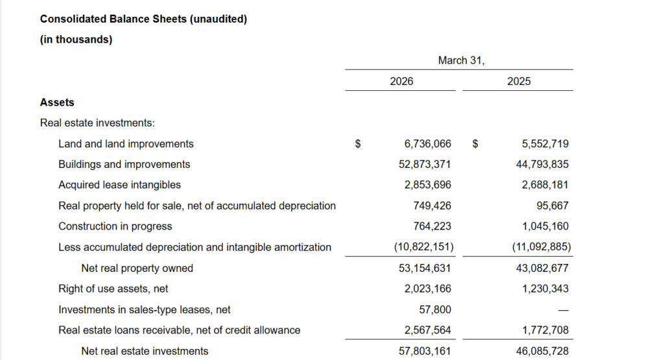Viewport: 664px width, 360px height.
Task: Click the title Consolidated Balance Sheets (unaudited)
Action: (x=143, y=19)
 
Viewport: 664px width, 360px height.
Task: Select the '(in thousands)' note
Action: (x=76, y=40)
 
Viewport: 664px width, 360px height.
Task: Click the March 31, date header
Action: (x=461, y=60)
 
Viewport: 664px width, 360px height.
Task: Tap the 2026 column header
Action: (x=401, y=81)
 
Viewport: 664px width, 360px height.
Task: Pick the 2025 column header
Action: (x=519, y=81)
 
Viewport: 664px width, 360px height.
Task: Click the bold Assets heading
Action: (x=57, y=102)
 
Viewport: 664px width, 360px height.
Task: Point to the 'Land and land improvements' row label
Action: (x=126, y=143)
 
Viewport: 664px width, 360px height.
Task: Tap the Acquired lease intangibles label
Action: (x=119, y=185)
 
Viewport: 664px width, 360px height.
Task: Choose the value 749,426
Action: (x=432, y=206)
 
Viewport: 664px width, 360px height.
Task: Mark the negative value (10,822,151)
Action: (x=423, y=247)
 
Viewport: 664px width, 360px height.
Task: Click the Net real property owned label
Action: (x=137, y=268)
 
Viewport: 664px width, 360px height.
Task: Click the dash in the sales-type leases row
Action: (x=564, y=310)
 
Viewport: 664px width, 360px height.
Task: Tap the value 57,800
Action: (x=436, y=309)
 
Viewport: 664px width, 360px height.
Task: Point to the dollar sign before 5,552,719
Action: (x=475, y=144)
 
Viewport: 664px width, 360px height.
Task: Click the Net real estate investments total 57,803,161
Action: (x=425, y=351)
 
